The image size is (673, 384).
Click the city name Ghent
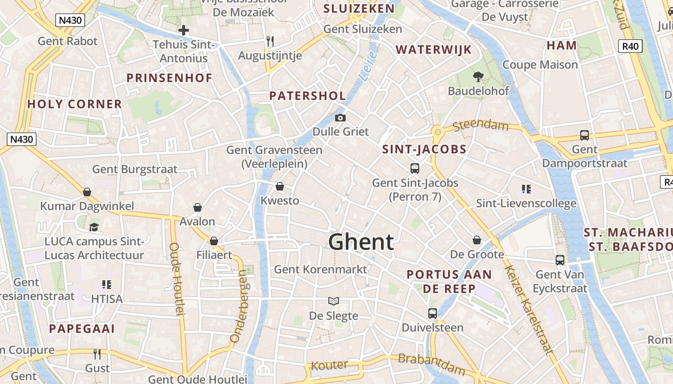[361, 242]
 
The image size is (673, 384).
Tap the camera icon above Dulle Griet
[340, 118]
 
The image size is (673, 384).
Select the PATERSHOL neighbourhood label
[307, 96]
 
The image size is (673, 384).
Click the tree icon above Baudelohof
[478, 76]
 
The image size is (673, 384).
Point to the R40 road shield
[630, 46]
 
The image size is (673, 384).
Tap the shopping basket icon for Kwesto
[280, 186]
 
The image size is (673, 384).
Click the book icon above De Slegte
[334, 301]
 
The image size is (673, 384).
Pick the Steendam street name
[480, 126]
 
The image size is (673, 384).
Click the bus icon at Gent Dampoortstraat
[585, 135]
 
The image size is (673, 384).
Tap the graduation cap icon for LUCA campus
[94, 227]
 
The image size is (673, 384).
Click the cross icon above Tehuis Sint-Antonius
[184, 30]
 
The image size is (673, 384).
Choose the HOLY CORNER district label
[75, 104]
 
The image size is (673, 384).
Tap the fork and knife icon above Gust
[97, 354]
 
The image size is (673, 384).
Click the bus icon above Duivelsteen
[433, 313]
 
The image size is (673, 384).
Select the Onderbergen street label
[239, 307]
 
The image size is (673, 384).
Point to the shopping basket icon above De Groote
[477, 240]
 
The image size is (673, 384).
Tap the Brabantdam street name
[431, 364]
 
